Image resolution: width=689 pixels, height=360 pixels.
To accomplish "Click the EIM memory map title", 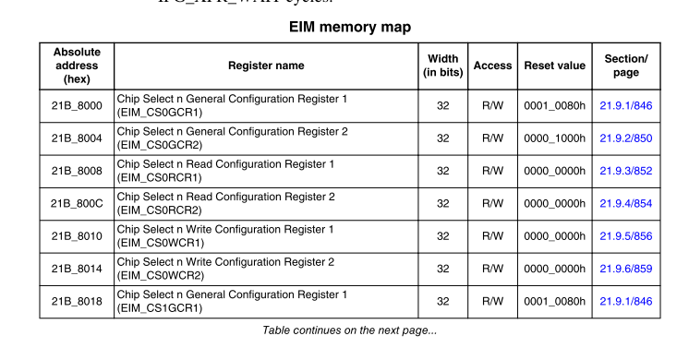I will [350, 27].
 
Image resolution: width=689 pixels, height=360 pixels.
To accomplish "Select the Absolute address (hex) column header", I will [77, 66].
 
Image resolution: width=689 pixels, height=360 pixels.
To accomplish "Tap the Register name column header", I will [266, 66].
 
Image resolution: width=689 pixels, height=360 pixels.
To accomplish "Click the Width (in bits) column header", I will [442, 66].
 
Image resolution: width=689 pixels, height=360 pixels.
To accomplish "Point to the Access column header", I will [492, 66].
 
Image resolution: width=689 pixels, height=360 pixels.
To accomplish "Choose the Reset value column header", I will [554, 66].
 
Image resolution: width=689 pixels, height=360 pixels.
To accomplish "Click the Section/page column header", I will [626, 66].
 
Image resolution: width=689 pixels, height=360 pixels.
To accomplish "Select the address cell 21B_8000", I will [77, 106].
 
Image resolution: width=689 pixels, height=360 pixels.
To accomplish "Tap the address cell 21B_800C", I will [77, 204].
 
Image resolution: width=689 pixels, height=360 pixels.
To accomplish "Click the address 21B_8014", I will [77, 269].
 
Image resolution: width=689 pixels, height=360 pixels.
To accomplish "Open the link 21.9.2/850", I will [626, 138].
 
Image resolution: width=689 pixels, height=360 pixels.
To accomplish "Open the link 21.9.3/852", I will [626, 171].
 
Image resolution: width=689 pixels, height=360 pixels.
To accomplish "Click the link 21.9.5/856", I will [626, 236].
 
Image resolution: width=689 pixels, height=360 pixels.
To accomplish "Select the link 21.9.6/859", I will [626, 269].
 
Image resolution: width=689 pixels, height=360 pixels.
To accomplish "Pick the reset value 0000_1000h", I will [554, 138].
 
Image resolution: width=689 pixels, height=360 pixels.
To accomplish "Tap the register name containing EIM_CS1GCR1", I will [232, 301].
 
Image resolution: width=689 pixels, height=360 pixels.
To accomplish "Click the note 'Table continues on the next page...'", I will [349, 330].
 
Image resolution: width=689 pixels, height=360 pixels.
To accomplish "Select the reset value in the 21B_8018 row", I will [554, 301].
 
